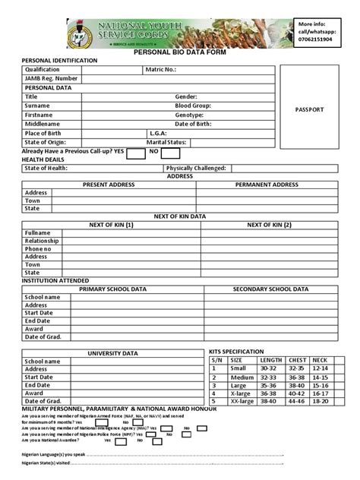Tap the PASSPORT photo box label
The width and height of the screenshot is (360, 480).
click(308, 109)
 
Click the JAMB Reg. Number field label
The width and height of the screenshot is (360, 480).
click(51, 78)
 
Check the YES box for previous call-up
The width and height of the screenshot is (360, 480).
click(136, 152)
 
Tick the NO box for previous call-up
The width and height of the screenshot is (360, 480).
click(169, 152)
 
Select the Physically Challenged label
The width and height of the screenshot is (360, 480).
click(196, 168)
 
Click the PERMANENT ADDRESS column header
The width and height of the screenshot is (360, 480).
click(267, 185)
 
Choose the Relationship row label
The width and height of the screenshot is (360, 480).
click(42, 241)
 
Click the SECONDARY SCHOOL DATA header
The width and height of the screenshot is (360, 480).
click(270, 289)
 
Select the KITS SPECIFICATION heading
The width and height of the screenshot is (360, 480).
click(236, 352)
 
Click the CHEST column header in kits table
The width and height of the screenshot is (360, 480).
click(297, 360)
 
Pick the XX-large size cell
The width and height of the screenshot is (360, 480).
click(242, 401)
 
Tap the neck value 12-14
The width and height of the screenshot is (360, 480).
click(320, 368)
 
